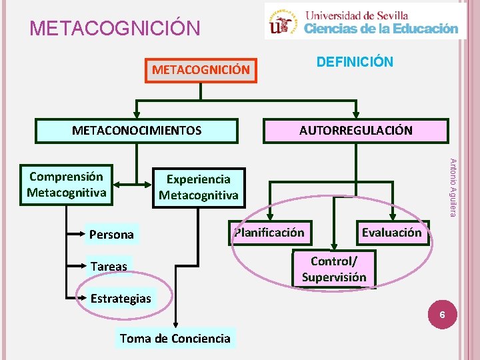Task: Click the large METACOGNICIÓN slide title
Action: pos(115,29)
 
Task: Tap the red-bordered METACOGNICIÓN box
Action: pos(201,69)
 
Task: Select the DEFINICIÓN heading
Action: pos(355,62)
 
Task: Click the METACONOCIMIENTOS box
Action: pos(137,131)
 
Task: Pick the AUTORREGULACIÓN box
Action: pos(355,131)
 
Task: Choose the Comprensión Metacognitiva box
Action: pos(67,185)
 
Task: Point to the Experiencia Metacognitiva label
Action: pos(198,187)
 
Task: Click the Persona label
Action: pos(111,234)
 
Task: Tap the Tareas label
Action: pos(109,266)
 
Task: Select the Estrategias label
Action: pos(121,298)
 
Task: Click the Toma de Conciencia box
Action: pos(175,338)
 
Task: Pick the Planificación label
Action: pos(269,233)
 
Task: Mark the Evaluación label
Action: pos(391,233)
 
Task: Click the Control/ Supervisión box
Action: pos(334,268)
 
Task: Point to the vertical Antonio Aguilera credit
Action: pos(452,187)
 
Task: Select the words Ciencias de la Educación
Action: pos(381,28)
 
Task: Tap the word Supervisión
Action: pos(334,277)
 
